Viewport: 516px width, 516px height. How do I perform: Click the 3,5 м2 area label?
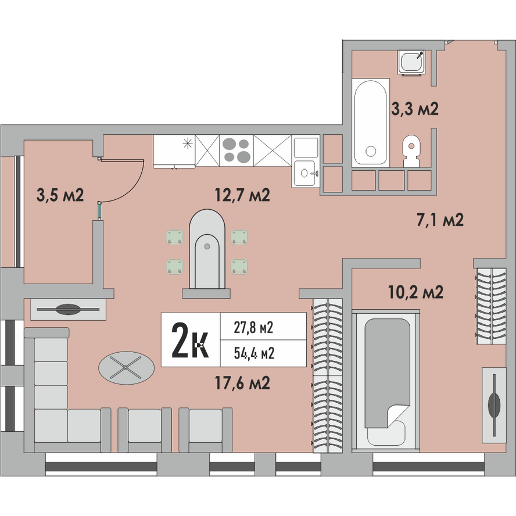(60, 195)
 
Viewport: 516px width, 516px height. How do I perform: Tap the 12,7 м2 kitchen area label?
(242, 195)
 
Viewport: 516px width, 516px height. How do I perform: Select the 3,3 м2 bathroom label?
(415, 109)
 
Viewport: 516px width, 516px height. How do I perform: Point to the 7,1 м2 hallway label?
(440, 220)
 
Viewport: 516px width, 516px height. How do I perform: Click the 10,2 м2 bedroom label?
(416, 292)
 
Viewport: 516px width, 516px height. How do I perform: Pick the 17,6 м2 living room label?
(242, 383)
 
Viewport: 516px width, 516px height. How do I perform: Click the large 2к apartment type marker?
(190, 341)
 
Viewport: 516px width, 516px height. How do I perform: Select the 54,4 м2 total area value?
(254, 353)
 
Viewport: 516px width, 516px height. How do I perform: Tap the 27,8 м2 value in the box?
(253, 328)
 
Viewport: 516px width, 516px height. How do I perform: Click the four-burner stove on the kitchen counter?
(236, 150)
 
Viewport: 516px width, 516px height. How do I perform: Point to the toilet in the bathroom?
(411, 150)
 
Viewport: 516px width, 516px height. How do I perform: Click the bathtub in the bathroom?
(371, 123)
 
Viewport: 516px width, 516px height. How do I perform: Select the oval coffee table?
(126, 368)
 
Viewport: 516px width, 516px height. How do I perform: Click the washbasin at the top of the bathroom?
(411, 62)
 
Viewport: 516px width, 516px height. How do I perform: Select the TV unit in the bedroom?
(494, 405)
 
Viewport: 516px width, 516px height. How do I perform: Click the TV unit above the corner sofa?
(68, 309)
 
